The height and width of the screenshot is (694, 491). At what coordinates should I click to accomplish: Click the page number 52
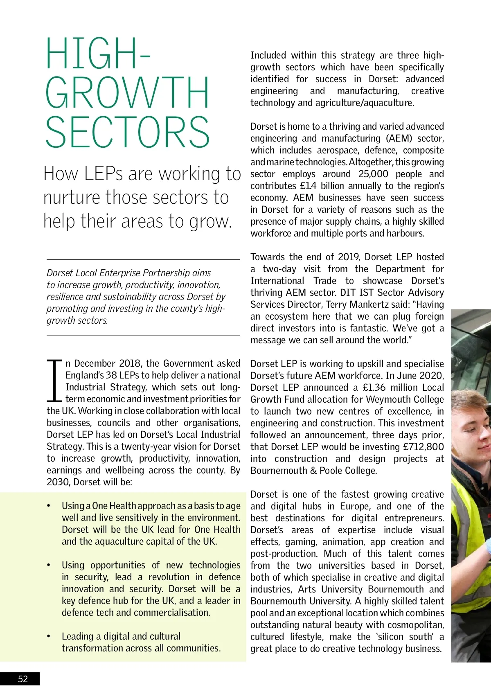23,679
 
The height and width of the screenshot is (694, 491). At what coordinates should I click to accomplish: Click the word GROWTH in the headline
127,93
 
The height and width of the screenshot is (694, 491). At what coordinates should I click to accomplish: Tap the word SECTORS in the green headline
127,132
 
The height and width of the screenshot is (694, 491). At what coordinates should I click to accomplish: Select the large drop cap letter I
54,381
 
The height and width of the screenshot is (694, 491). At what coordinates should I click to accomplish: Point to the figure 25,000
373,174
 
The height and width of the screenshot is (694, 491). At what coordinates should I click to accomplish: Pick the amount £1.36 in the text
374,388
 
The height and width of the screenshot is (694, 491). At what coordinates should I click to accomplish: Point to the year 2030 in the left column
58,482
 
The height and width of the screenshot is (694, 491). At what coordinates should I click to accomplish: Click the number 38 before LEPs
111,375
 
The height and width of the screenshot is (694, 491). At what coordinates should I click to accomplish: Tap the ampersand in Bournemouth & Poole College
313,471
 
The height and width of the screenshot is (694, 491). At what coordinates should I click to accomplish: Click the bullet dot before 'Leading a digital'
49,636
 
